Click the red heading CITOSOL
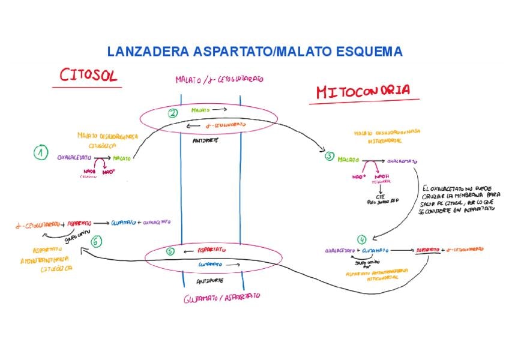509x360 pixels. tap(88, 76)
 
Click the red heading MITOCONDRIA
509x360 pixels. tap(363, 92)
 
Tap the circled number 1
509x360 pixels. tap(40, 154)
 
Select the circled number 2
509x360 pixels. tap(173, 112)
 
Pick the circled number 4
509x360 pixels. tap(361, 239)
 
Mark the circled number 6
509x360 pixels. tap(97, 241)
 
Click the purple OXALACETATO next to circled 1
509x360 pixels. tap(74, 157)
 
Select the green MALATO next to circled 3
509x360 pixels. tap(348, 160)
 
